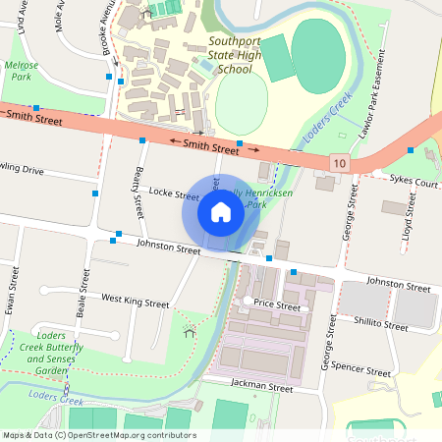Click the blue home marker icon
[x=220, y=212]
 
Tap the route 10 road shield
[x=340, y=161]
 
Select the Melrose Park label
[x=21, y=70]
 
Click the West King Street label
[x=136, y=299]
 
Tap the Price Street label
[x=276, y=306]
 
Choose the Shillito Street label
[x=381, y=324]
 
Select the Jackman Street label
[x=262, y=388]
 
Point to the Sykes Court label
[x=413, y=183]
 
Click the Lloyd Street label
[x=409, y=224]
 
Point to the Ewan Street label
[x=12, y=295]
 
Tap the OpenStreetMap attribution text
[x=98, y=435]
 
